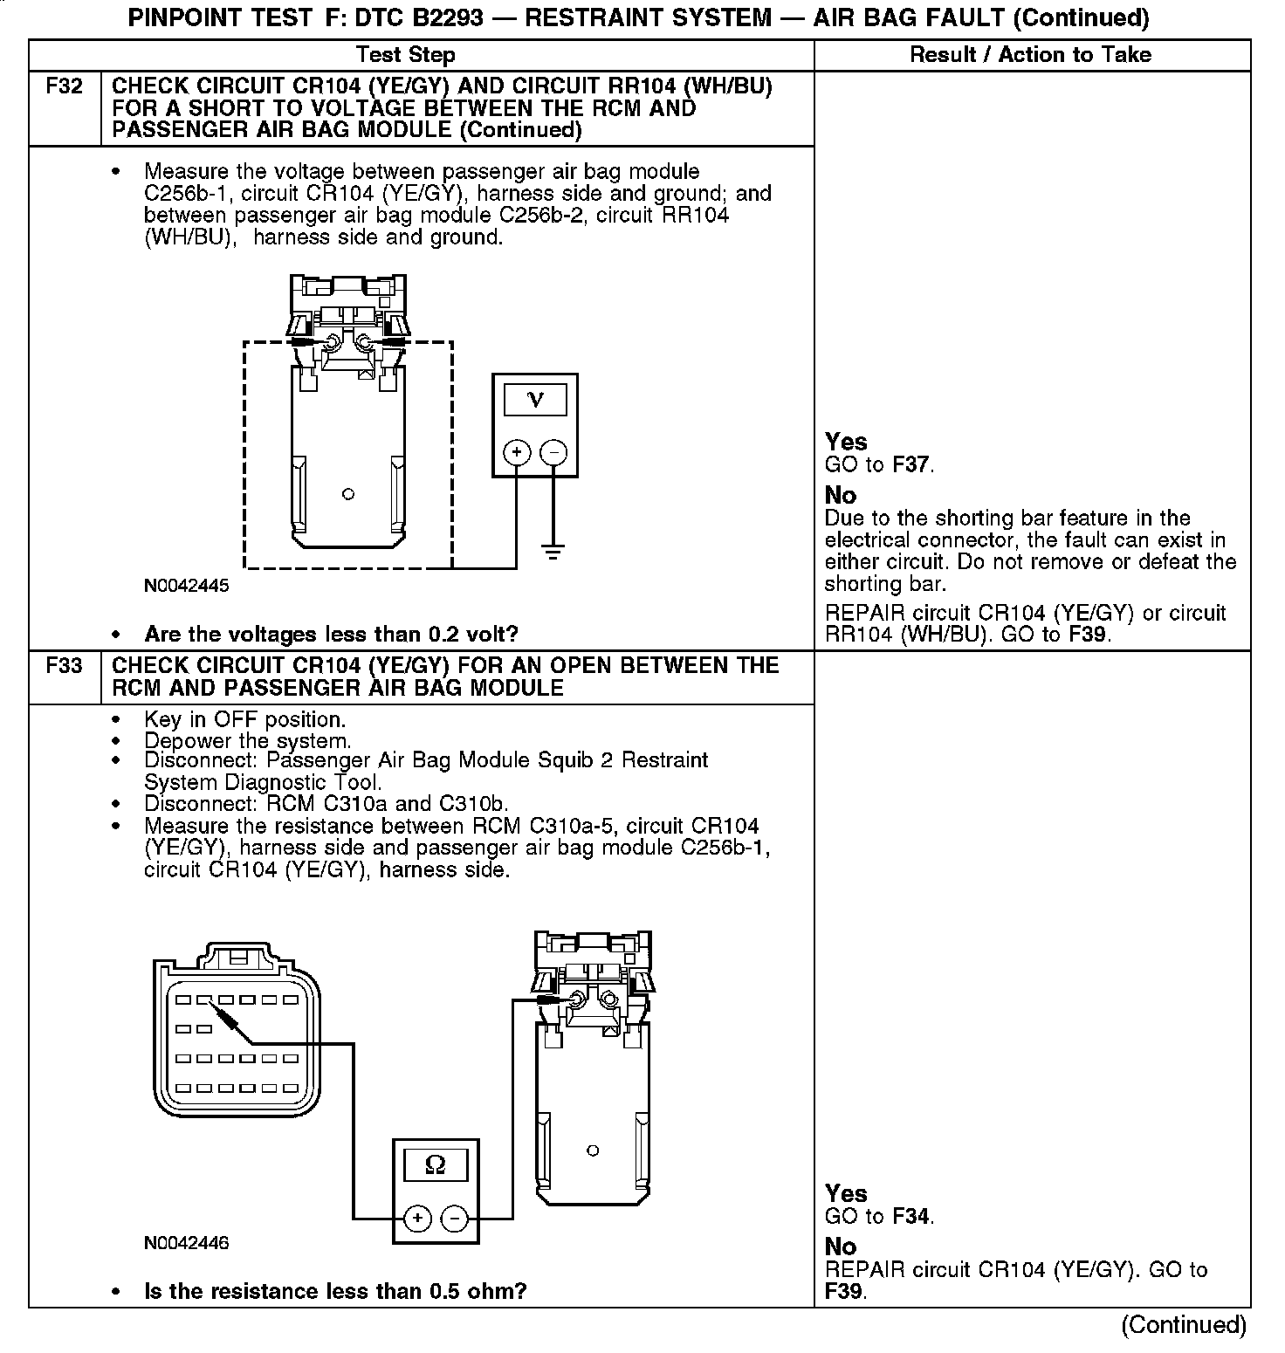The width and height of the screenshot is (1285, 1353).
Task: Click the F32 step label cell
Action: [x=65, y=87]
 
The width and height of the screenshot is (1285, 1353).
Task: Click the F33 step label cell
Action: [x=65, y=666]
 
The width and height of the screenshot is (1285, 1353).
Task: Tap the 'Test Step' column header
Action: [x=406, y=55]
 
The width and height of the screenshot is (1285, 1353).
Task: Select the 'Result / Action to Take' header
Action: [x=1030, y=55]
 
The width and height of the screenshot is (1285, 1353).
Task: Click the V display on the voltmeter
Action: [x=535, y=401]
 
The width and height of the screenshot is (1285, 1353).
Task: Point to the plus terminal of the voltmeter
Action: [x=517, y=452]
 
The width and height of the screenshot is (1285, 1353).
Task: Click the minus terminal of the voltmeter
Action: [x=553, y=452]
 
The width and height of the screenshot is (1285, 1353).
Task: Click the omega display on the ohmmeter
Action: [x=435, y=1165]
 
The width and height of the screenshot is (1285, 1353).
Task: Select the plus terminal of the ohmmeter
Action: [x=417, y=1218]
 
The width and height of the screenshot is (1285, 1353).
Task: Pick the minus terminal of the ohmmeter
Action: [x=454, y=1218]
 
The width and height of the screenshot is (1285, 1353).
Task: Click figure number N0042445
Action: [x=186, y=586]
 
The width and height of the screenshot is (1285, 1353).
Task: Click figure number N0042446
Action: [x=186, y=1242]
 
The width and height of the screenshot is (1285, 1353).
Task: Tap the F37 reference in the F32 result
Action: [x=912, y=465]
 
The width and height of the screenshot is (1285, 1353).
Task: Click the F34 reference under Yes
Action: [x=912, y=1216]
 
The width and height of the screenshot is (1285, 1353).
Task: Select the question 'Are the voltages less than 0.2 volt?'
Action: [x=331, y=634]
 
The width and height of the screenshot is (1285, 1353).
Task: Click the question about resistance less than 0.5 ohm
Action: [x=335, y=1291]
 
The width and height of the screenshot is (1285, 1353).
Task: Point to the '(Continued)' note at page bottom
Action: [x=1184, y=1325]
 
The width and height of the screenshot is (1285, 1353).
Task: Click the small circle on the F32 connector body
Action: [x=348, y=495]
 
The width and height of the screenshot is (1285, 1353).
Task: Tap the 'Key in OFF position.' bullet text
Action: [x=244, y=720]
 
